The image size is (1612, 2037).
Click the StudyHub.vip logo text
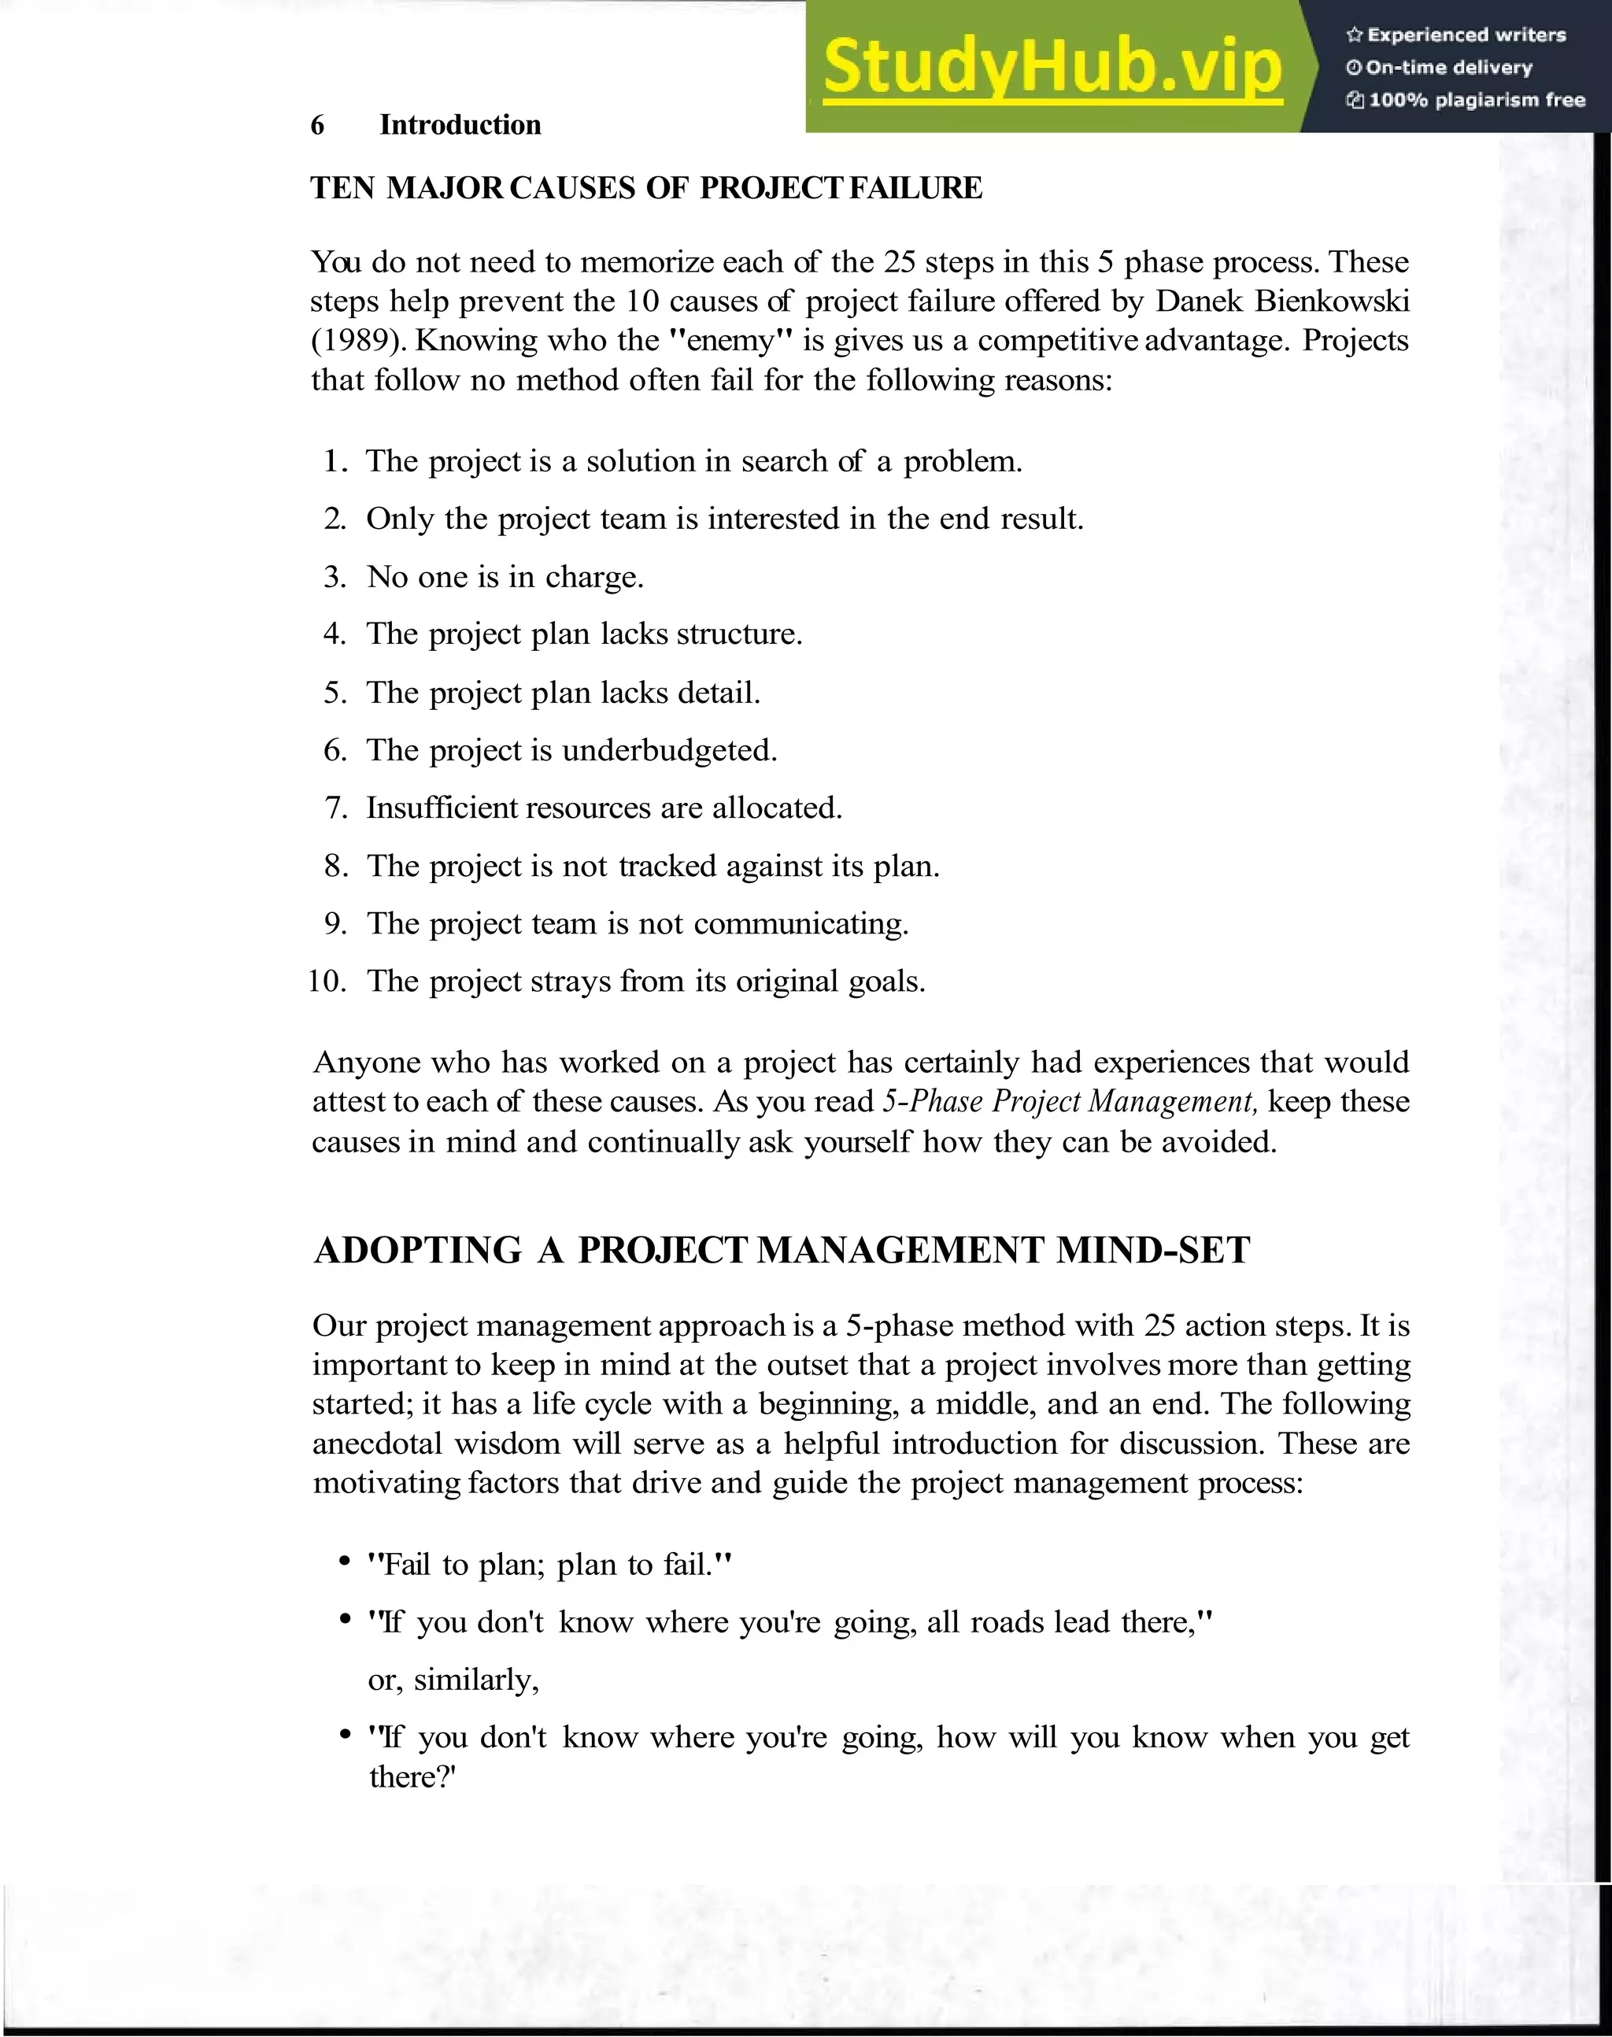pyautogui.click(x=1052, y=68)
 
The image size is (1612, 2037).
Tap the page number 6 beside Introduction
pyautogui.click(x=318, y=124)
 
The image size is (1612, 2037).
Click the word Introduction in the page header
pyautogui.click(x=460, y=124)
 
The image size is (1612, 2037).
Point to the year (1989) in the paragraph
pyautogui.click(x=359, y=341)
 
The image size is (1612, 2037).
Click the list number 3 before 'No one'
pyautogui.click(x=335, y=577)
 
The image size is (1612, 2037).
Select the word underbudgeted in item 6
pyautogui.click(x=669, y=750)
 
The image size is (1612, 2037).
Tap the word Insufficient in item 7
pyautogui.click(x=441, y=808)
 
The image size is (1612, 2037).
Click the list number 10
pyautogui.click(x=327, y=982)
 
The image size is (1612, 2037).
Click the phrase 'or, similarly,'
pyautogui.click(x=454, y=1680)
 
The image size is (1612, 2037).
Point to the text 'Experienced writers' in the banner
pyautogui.click(x=1466, y=35)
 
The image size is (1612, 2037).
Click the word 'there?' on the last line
pyautogui.click(x=412, y=1777)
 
